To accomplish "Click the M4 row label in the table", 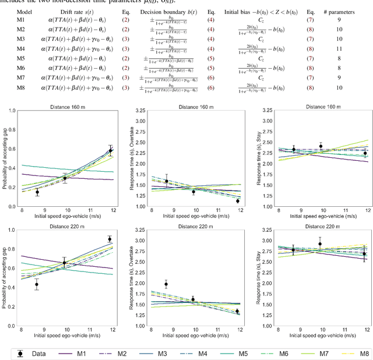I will coord(20,49).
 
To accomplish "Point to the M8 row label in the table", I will coord(20,88).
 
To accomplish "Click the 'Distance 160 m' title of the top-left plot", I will coord(64,107).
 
